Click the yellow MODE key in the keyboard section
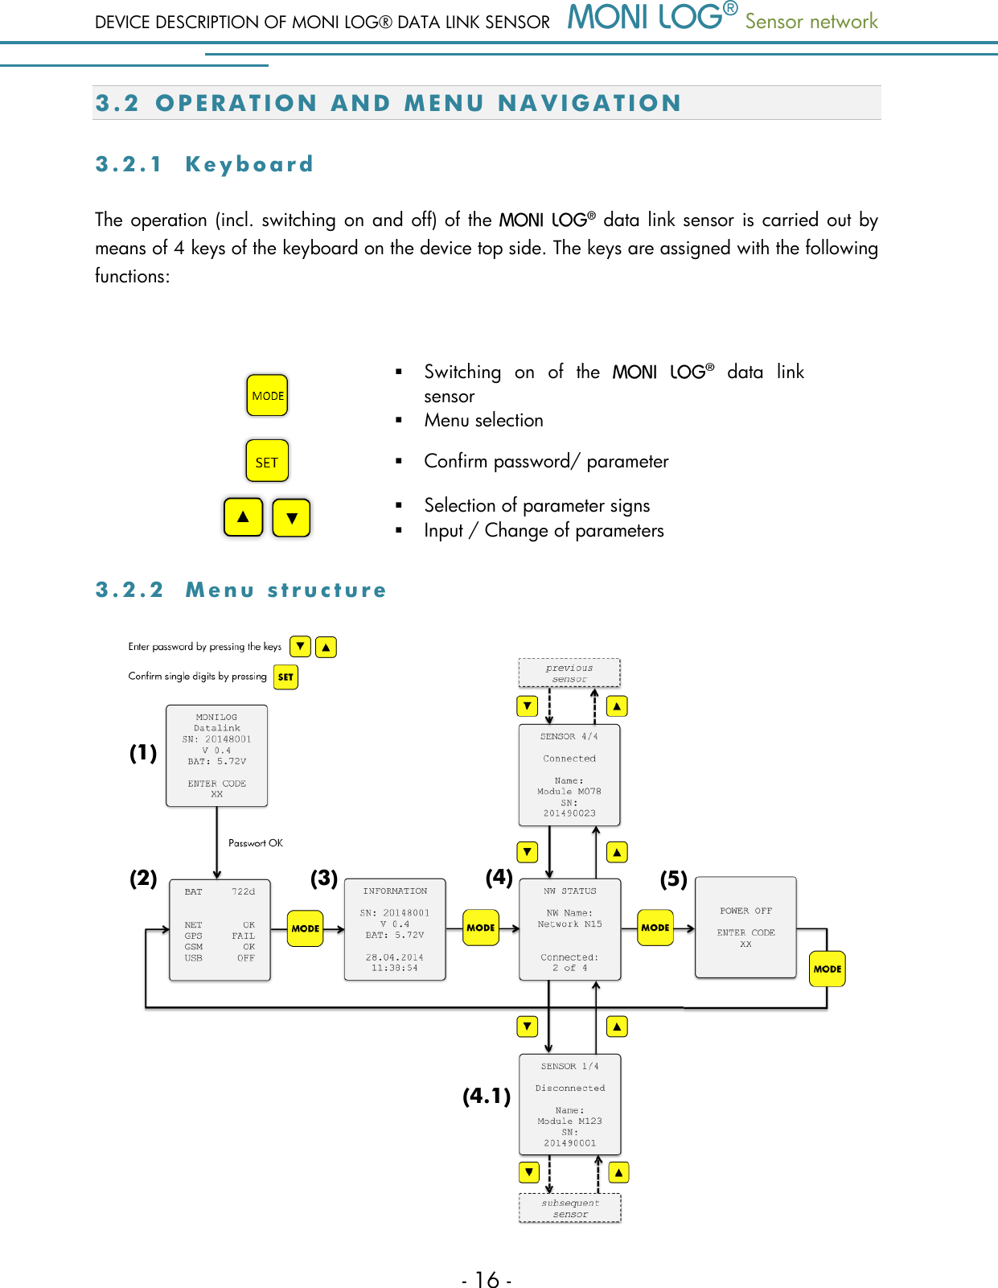pos(267,395)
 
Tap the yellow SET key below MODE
pos(267,461)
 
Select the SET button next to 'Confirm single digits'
pos(285,677)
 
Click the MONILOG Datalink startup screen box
pos(216,755)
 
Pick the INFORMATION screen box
pos(395,929)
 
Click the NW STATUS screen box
pos(570,929)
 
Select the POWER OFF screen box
pos(745,928)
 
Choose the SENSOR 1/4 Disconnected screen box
pos(570,1104)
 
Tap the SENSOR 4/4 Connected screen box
pos(569,775)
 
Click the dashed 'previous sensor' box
pos(569,673)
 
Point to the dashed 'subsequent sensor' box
pos(570,1208)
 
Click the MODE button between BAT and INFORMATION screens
pos(306,928)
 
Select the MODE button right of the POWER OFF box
pos(828,969)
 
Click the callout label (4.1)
pos(487,1096)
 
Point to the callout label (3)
pos(324,878)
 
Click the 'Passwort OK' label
pos(256,843)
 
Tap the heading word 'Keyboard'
pos(249,164)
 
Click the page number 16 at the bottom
pos(487,1279)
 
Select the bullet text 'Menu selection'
pos(483,420)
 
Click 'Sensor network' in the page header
pos(811,22)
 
